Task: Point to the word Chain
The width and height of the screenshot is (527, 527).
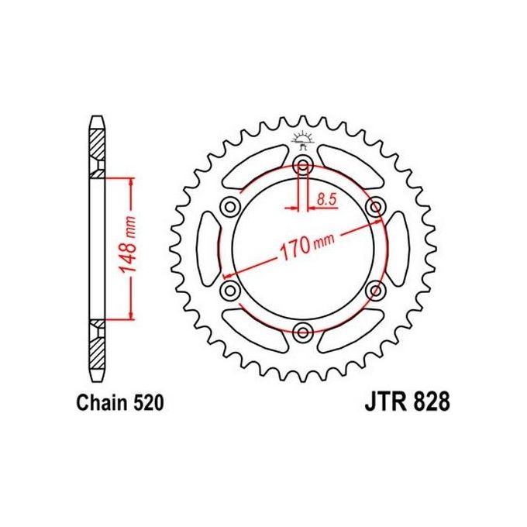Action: pos(99,403)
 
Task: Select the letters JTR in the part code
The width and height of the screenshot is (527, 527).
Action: pos(383,403)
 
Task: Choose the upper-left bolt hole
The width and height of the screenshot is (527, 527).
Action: pos(230,206)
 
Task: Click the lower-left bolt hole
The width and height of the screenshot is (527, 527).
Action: pos(230,290)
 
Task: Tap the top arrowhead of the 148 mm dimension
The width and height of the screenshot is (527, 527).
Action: pos(131,181)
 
